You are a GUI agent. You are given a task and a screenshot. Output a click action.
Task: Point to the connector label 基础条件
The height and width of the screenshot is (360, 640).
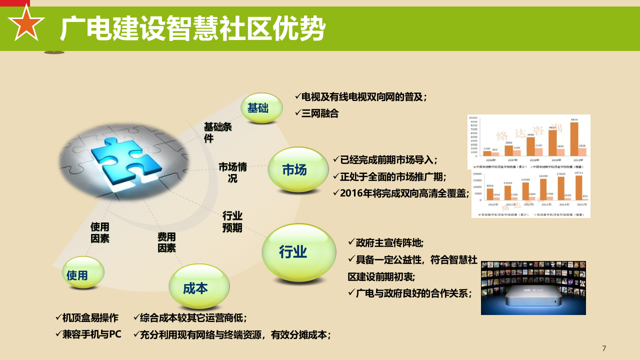[x=217, y=132]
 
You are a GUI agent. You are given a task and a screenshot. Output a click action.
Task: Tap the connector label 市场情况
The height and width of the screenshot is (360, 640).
[x=232, y=172]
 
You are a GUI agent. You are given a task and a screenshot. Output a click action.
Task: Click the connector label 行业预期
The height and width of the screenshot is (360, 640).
[x=232, y=221]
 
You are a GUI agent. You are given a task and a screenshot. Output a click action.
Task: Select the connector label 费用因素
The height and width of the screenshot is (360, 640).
[x=167, y=242]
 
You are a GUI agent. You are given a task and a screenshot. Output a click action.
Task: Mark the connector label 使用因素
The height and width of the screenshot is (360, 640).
[x=100, y=232]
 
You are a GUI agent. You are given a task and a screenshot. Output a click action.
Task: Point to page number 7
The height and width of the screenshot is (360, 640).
[x=604, y=348]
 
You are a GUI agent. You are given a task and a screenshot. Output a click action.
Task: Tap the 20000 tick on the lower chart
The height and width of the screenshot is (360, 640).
[x=477, y=174]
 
